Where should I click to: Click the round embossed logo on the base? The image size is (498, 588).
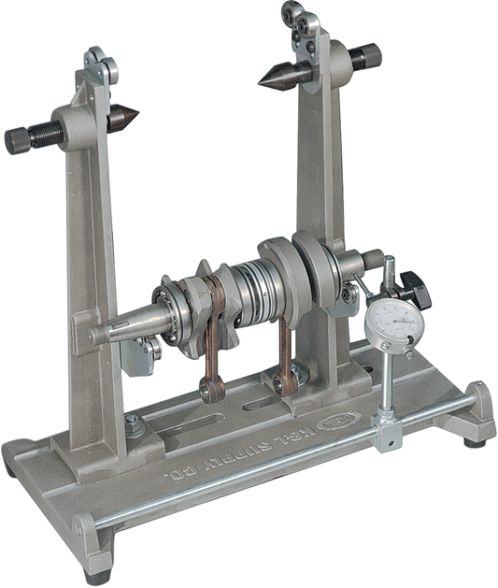[x=330, y=421]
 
